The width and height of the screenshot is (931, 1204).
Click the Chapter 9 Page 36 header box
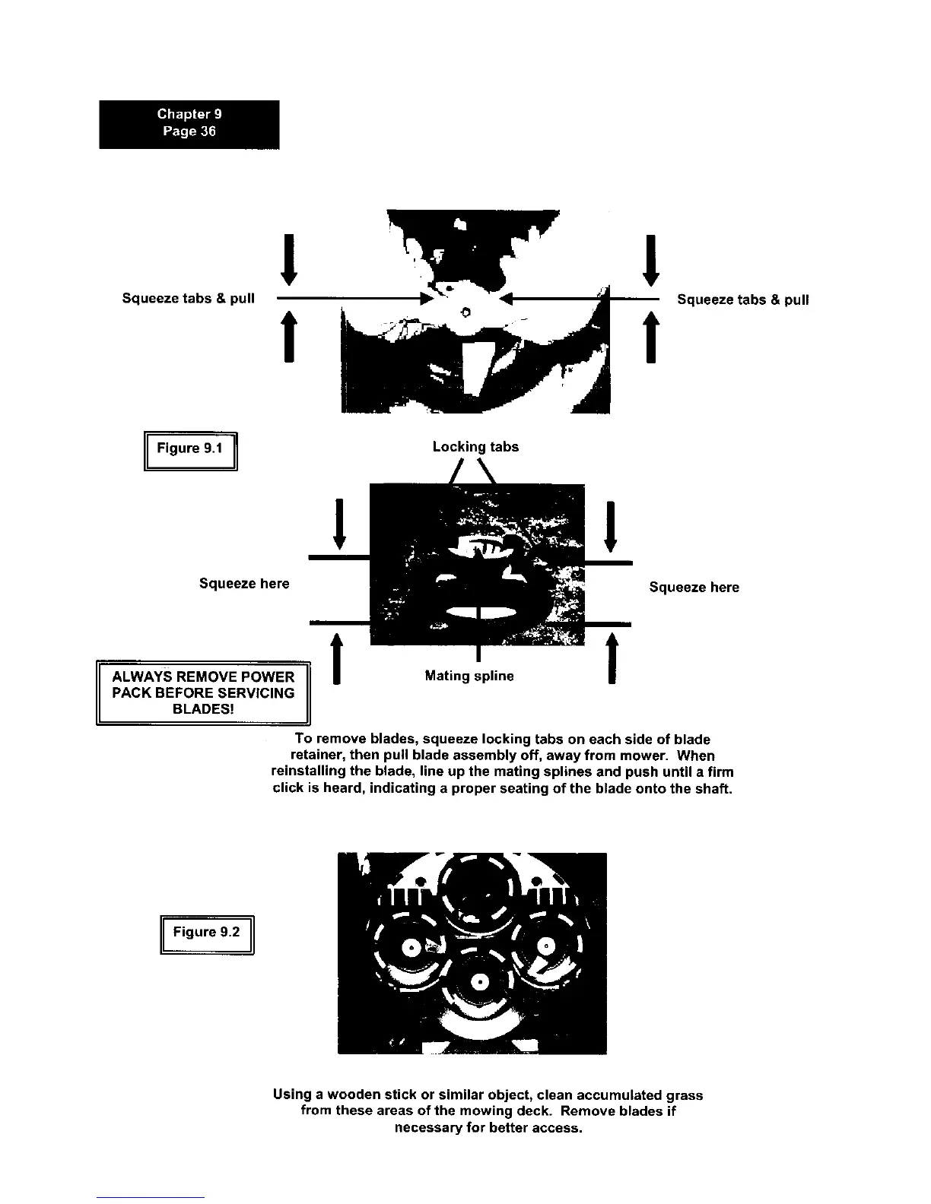click(x=189, y=124)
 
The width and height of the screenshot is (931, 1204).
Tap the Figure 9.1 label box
click(x=190, y=450)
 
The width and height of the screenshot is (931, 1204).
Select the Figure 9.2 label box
click(x=206, y=933)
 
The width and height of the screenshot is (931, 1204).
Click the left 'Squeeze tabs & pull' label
click(x=188, y=298)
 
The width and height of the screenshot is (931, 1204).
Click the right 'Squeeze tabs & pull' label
click(x=742, y=299)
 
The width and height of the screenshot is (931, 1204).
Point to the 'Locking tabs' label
click(x=475, y=447)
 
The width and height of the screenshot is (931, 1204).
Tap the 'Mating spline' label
click(x=469, y=676)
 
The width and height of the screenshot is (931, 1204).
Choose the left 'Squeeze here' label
click(x=244, y=584)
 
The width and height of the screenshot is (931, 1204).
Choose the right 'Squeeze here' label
click(x=694, y=588)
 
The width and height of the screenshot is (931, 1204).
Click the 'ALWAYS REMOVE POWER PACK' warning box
click(x=203, y=692)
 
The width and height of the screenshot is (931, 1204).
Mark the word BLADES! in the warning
click(x=203, y=709)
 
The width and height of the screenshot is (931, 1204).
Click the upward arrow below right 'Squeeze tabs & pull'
click(x=650, y=337)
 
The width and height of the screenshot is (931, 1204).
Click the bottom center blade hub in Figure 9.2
click(x=480, y=983)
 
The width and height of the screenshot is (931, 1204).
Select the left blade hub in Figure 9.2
click(x=411, y=948)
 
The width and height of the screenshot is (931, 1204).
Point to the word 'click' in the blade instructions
click(x=288, y=789)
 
